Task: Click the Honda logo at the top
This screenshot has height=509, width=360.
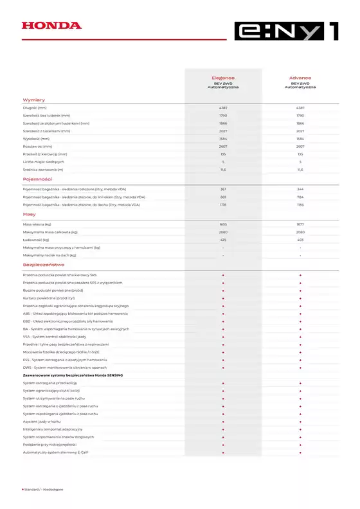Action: pos(51,26)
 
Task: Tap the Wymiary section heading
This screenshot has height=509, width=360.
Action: pos(33,100)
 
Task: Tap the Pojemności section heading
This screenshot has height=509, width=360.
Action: pos(37,179)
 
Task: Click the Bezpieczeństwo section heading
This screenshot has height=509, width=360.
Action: pos(44,264)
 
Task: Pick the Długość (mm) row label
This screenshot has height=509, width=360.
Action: pos(35,108)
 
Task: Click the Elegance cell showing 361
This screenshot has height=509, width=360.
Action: pos(223,190)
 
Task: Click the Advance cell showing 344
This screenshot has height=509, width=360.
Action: pos(300,190)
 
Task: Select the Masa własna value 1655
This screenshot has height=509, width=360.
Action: pos(223,224)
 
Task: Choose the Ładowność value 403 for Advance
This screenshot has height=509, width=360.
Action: pos(300,239)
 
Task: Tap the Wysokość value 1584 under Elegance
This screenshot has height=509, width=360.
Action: pos(223,139)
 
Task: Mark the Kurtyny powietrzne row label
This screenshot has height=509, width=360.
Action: pos(49,298)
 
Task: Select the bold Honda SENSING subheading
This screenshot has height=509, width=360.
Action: pos(72,375)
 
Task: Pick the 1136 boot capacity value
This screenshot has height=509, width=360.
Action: pos(300,205)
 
